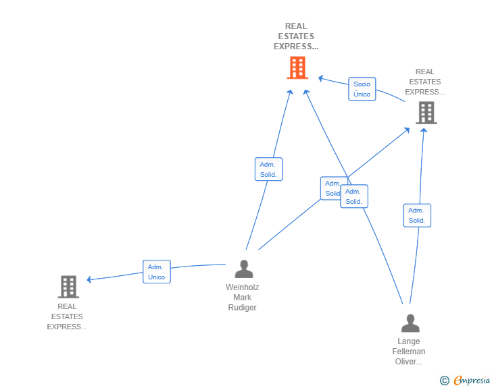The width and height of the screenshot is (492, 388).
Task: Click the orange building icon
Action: (x=297, y=68)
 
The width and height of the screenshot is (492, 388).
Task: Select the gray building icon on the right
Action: (x=426, y=113)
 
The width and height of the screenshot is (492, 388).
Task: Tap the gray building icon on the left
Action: (x=68, y=287)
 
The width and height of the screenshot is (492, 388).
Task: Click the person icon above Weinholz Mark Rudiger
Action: (x=243, y=269)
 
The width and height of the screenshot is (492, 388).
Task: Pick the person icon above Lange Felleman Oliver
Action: (x=410, y=324)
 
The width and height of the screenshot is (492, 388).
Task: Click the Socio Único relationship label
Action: (x=362, y=89)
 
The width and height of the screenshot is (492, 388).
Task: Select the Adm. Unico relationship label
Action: (x=157, y=272)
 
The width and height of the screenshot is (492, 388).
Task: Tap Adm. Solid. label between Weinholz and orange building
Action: (x=269, y=169)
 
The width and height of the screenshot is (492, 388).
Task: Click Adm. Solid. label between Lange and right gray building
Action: (x=417, y=215)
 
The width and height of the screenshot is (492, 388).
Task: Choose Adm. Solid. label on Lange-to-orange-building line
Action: (x=354, y=196)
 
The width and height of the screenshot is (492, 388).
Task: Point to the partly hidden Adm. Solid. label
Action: (x=330, y=188)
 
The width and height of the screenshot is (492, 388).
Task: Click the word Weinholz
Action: (x=242, y=287)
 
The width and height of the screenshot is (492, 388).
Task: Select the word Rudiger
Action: (x=242, y=308)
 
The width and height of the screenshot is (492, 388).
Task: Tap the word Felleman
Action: (x=409, y=352)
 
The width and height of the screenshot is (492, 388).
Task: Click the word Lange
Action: (x=409, y=341)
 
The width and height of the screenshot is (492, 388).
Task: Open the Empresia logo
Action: (x=472, y=381)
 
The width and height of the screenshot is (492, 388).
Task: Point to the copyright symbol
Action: (x=445, y=381)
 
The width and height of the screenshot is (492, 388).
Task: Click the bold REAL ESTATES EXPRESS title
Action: (x=296, y=36)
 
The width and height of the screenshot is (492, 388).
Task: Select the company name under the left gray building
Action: (x=67, y=316)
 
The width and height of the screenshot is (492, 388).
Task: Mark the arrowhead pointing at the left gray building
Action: (x=90, y=279)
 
